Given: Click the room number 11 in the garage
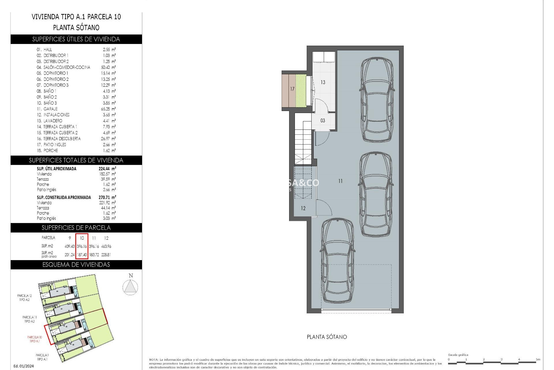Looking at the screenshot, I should pyautogui.click(x=340, y=181).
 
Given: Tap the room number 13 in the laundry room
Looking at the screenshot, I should pyautogui.click(x=323, y=82).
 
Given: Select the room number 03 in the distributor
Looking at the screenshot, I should pyautogui.click(x=323, y=121).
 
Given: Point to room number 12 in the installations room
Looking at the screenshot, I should pyautogui.click(x=303, y=208).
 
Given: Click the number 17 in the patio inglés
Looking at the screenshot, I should pyautogui.click(x=292, y=89).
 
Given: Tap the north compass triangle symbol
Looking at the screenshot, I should pyautogui.click(x=130, y=287).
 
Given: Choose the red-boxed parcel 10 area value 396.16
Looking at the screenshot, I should pyautogui.click(x=82, y=246).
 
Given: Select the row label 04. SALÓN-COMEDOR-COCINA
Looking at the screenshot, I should pyautogui.click(x=63, y=67).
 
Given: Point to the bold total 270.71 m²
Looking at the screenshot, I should pyautogui.click(x=107, y=197).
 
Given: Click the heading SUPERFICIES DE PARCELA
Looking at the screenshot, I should pyautogui.click(x=76, y=228).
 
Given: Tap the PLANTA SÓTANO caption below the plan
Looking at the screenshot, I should pyautogui.click(x=327, y=337).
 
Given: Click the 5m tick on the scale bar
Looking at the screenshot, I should pyautogui.click(x=538, y=360).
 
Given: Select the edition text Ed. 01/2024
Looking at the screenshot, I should pyautogui.click(x=24, y=366).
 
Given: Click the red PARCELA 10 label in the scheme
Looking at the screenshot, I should pyautogui.click(x=35, y=339).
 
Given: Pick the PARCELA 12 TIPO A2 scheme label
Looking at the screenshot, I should pyautogui.click(x=25, y=298).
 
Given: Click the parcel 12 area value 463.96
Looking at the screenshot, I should pyautogui.click(x=106, y=246).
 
